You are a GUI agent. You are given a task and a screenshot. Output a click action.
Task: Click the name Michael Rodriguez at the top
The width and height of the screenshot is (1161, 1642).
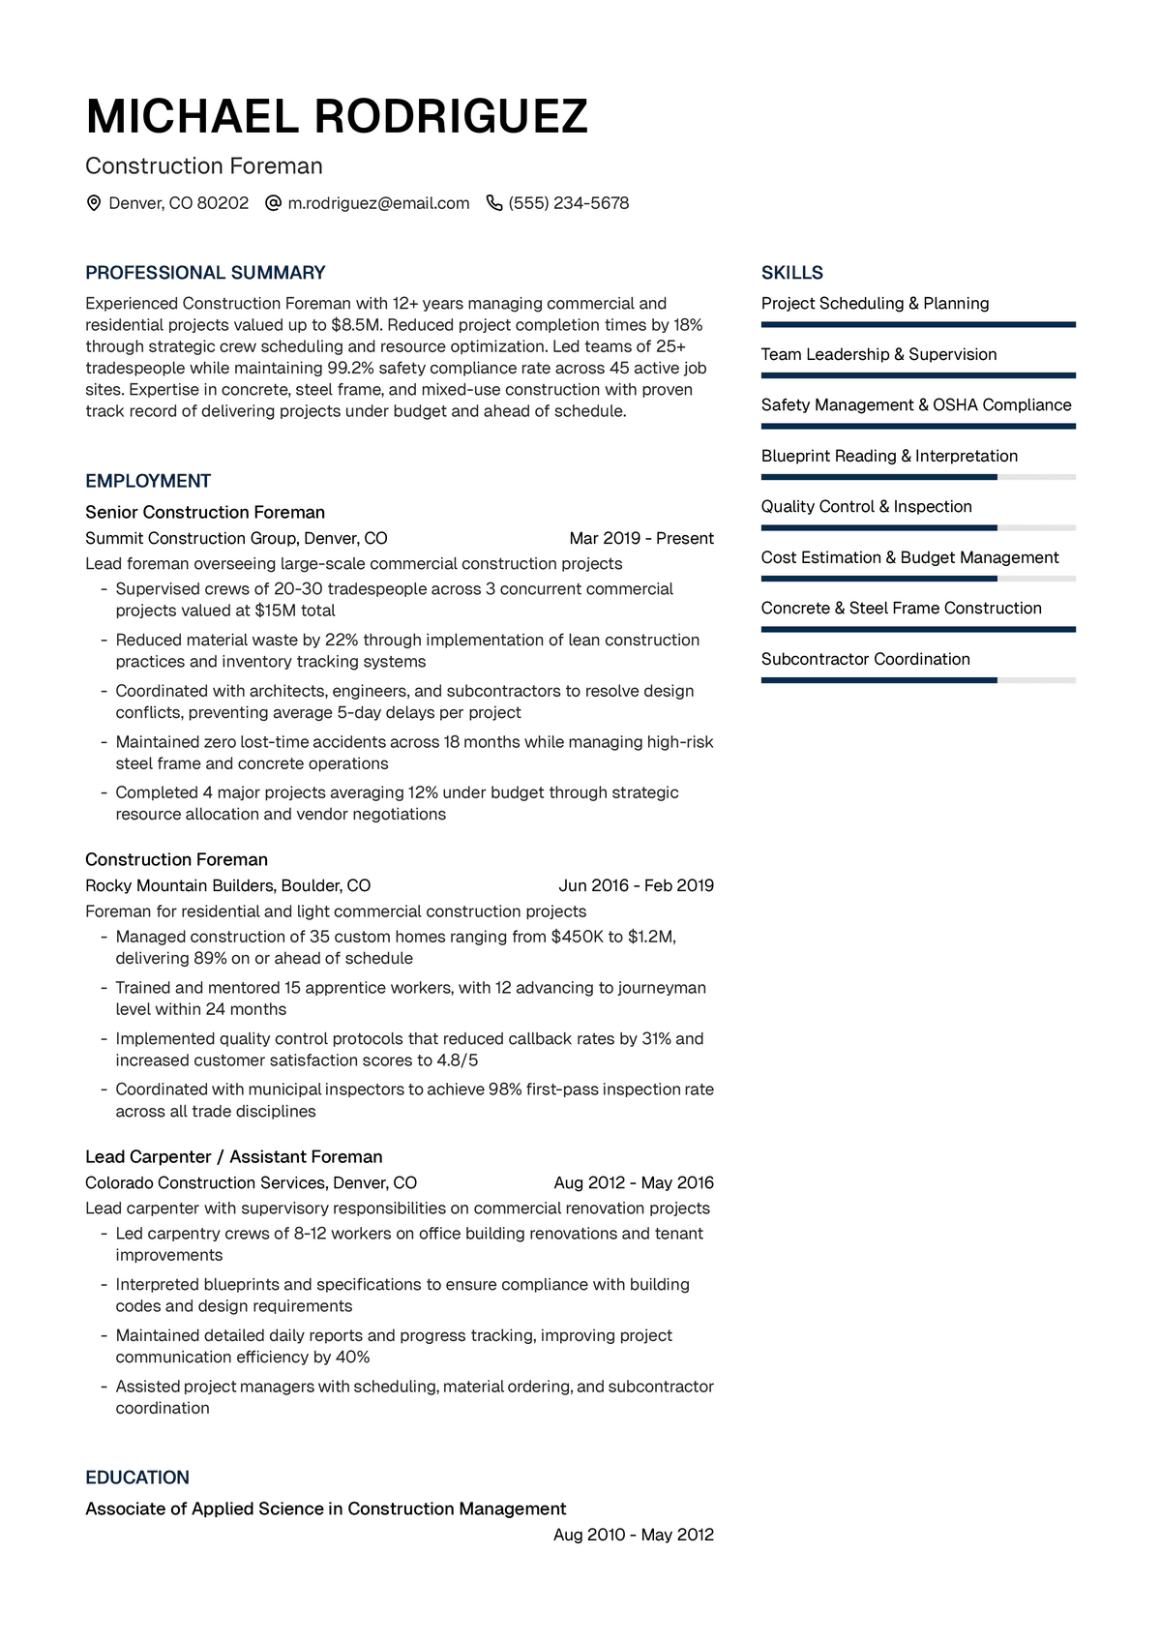[x=337, y=117]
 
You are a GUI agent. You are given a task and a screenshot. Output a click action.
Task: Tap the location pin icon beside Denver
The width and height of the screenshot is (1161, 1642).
[x=94, y=203]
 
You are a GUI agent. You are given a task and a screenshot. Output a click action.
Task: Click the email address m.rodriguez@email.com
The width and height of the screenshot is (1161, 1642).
[x=378, y=203]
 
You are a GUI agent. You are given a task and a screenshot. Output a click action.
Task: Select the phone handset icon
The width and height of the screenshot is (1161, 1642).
[x=494, y=203]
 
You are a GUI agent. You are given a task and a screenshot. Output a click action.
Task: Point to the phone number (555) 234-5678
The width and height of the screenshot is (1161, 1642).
[x=569, y=203]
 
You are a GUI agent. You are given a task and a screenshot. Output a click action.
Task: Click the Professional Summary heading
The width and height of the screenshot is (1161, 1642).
[x=205, y=273]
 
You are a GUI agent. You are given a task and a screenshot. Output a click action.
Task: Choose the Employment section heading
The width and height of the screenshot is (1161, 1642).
[x=148, y=481]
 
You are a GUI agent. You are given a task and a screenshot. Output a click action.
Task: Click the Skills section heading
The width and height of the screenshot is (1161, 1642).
[x=792, y=273]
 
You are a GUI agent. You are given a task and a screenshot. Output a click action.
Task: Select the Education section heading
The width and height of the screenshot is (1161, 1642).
[x=137, y=1478]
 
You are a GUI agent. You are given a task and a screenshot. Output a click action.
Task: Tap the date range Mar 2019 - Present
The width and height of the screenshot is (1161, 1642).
[x=641, y=538]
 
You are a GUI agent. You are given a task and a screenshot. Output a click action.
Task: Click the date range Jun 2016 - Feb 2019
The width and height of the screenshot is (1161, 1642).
[x=636, y=885]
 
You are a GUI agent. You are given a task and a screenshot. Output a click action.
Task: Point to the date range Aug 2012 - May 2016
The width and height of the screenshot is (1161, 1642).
[x=634, y=1182]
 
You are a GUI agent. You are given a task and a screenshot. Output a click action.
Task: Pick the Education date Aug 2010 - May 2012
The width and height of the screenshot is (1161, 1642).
[x=634, y=1535]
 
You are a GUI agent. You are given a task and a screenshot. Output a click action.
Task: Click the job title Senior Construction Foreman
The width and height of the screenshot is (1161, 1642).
[x=205, y=512]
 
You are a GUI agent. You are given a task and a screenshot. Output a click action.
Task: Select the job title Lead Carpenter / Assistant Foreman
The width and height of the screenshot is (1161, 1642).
[x=234, y=1156]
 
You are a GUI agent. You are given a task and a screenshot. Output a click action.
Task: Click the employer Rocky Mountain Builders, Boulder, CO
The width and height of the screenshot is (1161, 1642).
[x=228, y=885]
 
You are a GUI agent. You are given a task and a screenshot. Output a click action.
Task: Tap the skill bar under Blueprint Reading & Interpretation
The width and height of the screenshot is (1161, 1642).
[x=918, y=477]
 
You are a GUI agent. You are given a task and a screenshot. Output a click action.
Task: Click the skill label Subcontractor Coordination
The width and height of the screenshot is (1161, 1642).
[x=866, y=659]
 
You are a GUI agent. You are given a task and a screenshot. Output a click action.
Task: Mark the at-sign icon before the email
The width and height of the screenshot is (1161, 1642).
[x=273, y=203]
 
